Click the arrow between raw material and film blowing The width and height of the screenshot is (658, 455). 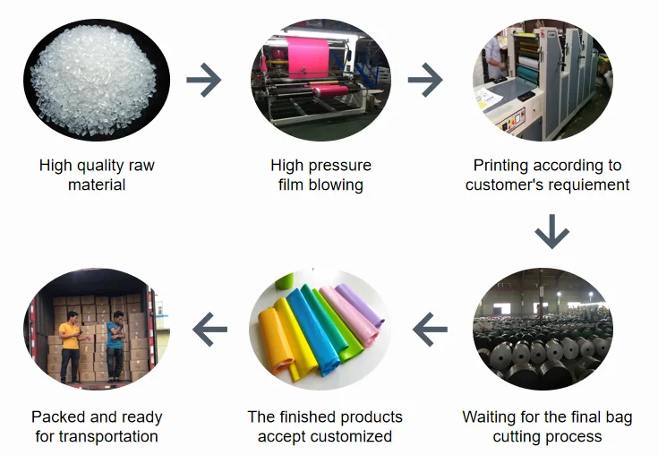coord(203,82)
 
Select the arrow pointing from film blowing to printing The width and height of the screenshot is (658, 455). coord(425,82)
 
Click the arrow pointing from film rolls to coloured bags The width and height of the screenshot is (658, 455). coord(430,331)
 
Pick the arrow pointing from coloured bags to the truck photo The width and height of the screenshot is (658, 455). coord(210,331)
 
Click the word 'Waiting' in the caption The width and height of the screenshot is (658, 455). coord(489,417)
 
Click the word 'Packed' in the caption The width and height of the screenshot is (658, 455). coord(57,417)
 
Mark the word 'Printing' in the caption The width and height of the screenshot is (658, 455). coord(501,166)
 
